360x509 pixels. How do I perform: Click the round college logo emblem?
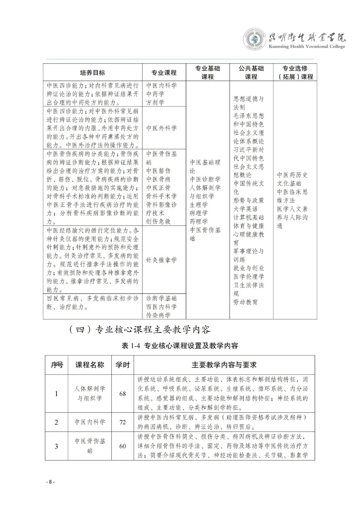click(255, 39)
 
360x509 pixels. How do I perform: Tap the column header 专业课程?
click(163, 73)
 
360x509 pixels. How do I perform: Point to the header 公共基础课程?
click(251, 73)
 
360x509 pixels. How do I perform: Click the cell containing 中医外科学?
click(161, 128)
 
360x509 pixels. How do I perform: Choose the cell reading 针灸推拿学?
click(161, 260)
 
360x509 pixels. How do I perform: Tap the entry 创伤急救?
click(158, 221)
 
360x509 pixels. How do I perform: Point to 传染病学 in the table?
click(158, 315)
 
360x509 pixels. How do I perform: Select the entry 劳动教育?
click(245, 302)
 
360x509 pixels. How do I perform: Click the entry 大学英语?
click(245, 208)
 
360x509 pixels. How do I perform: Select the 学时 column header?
click(123, 365)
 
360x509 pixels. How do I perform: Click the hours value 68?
click(123, 394)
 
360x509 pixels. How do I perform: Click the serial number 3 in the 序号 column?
click(56, 446)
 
